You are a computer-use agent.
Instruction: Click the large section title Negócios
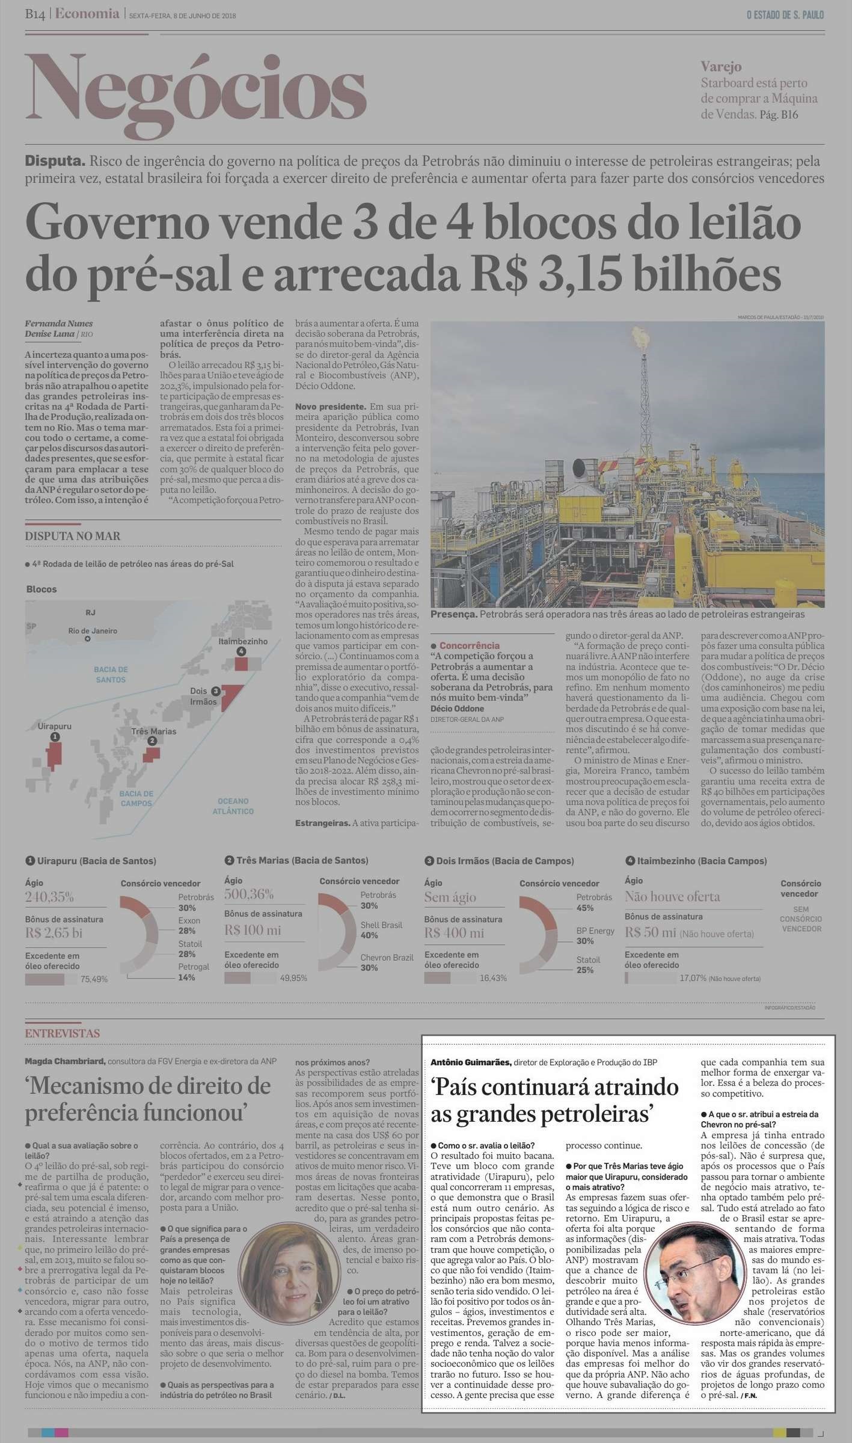click(195, 88)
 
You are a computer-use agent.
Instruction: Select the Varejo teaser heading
click(721, 67)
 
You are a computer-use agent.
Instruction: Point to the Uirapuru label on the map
click(55, 726)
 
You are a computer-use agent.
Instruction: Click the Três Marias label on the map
click(154, 731)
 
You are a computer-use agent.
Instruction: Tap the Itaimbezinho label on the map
click(243, 641)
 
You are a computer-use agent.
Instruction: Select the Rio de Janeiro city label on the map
click(93, 630)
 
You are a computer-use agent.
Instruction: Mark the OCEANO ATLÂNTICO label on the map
click(233, 806)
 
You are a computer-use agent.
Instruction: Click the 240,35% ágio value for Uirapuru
click(49, 897)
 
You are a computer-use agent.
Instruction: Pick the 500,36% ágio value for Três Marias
click(249, 893)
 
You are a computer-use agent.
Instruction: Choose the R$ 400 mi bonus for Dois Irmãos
click(454, 933)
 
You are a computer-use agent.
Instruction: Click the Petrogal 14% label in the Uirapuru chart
click(194, 972)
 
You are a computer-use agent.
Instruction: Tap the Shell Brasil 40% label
click(381, 930)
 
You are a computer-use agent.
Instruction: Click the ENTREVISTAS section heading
click(63, 1033)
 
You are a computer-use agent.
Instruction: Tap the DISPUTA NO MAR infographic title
click(73, 536)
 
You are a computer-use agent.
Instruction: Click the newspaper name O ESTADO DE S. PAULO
click(785, 15)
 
